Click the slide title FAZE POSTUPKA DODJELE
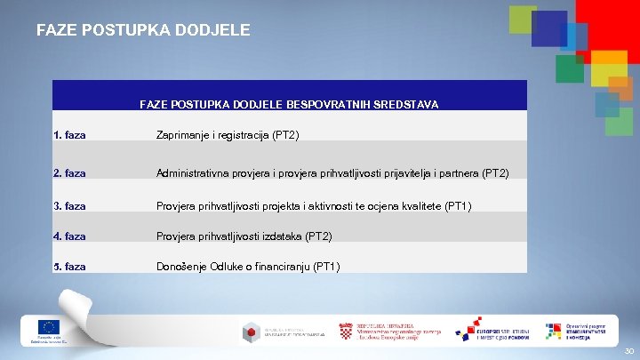[x=143, y=30]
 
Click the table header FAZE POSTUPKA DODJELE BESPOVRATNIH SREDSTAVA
[x=289, y=104]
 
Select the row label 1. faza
[x=69, y=135]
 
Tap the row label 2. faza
[x=69, y=173]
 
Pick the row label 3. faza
[x=69, y=206]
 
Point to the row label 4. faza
[x=69, y=236]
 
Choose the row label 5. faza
[x=69, y=267]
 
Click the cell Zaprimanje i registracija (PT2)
[x=228, y=135]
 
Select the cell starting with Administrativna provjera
[x=332, y=173]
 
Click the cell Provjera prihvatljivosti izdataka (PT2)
[x=244, y=236]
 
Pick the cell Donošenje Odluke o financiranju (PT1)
[x=248, y=267]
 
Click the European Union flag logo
[x=49, y=327]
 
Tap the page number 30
[x=628, y=351]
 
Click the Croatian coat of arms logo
[x=345, y=331]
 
